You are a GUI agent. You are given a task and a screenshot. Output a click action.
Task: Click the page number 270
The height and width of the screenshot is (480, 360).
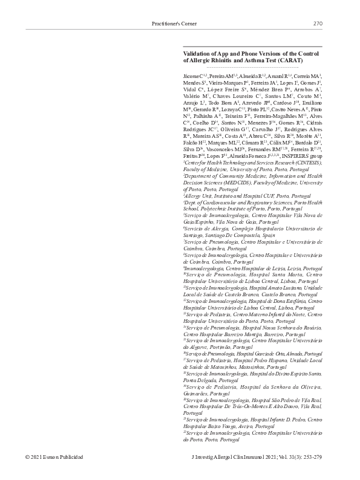318,24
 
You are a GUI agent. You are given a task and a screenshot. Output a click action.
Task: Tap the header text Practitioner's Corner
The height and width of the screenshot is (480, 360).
174,24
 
